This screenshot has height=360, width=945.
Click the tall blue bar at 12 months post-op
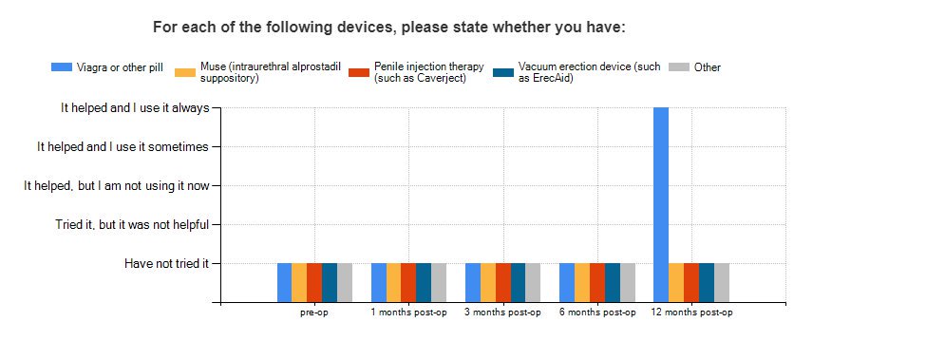(x=661, y=204)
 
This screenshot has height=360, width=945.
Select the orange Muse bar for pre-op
(x=299, y=283)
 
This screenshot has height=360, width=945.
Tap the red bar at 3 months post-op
(x=502, y=283)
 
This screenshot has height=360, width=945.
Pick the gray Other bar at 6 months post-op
(x=628, y=283)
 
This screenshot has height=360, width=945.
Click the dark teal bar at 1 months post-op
(x=424, y=283)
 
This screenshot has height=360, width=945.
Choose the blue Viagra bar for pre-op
(x=285, y=283)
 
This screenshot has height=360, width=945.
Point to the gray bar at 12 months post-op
(x=722, y=283)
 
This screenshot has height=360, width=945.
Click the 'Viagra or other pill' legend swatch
(x=62, y=66)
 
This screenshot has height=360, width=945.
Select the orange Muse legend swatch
(x=185, y=72)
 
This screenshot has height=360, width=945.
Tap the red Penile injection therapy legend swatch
(x=359, y=72)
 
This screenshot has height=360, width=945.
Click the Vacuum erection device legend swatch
(x=503, y=72)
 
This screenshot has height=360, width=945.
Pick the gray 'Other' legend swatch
(x=679, y=66)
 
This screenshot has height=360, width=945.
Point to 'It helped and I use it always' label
(x=135, y=108)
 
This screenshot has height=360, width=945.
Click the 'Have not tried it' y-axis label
(x=166, y=263)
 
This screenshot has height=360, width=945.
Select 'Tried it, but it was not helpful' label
(x=132, y=224)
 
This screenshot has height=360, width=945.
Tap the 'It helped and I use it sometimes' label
(x=123, y=146)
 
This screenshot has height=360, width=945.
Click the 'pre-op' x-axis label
(x=314, y=313)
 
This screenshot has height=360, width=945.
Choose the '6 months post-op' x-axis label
(x=597, y=313)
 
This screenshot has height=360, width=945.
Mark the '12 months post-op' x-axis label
(x=691, y=313)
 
